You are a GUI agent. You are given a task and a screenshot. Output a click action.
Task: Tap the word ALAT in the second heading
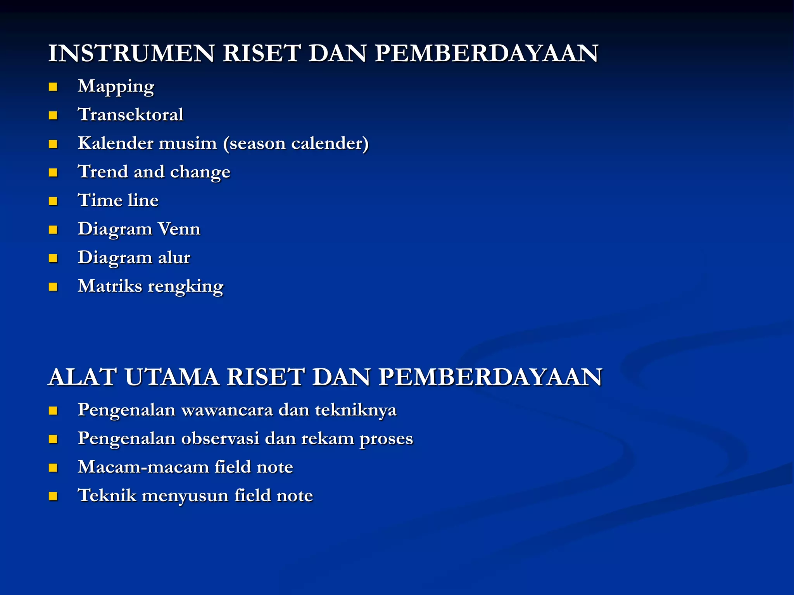(x=81, y=377)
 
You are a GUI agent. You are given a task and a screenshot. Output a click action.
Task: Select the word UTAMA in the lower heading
(x=172, y=377)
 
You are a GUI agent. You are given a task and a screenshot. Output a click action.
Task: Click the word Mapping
(x=116, y=87)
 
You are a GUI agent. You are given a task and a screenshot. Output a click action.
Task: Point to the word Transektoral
(x=131, y=115)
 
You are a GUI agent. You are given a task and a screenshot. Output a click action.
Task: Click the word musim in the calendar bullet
(x=188, y=143)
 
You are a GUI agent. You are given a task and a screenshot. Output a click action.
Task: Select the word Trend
(x=103, y=172)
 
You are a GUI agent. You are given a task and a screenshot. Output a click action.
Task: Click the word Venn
(x=179, y=229)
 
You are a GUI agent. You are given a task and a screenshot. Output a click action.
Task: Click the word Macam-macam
(x=143, y=467)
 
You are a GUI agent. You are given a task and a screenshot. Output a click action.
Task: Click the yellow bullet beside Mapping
(x=53, y=87)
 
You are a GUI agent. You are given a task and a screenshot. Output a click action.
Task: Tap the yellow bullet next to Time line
(x=53, y=201)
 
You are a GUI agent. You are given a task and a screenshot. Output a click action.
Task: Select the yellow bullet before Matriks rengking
(x=53, y=287)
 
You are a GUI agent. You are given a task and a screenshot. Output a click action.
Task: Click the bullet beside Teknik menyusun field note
(x=53, y=496)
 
